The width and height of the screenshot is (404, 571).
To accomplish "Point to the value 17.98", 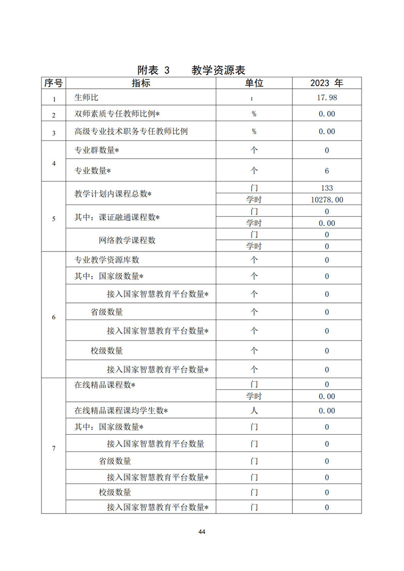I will [x=327, y=97].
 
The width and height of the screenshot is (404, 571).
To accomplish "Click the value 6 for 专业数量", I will [x=327, y=171].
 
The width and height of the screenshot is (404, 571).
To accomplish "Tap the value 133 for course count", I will [x=327, y=188].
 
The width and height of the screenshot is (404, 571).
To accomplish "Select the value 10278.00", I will [x=327, y=199].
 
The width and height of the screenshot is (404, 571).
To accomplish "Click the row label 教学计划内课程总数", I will [x=113, y=194].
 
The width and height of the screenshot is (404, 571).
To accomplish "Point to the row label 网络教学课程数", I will [x=127, y=240].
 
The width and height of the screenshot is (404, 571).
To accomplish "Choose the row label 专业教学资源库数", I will [x=107, y=259].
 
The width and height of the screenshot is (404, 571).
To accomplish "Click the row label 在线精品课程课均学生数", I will [x=121, y=410].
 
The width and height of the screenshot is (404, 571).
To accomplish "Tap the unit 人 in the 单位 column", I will [x=254, y=410].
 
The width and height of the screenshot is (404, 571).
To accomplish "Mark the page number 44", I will [x=202, y=532].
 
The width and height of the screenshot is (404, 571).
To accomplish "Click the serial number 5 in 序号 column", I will [x=54, y=218].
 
